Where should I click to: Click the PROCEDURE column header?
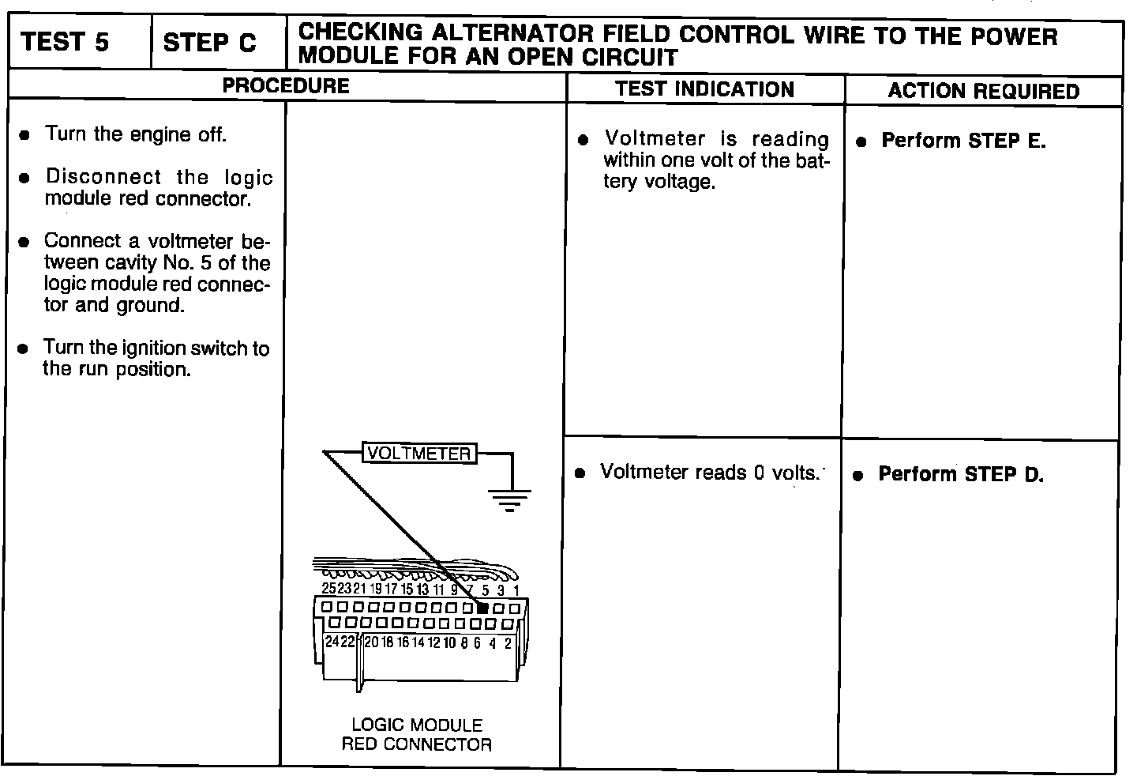tap(285, 86)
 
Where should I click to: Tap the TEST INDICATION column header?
tap(704, 89)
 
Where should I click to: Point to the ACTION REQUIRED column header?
tap(983, 91)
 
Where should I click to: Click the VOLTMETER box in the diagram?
tap(419, 454)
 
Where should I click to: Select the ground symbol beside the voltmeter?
tap(509, 499)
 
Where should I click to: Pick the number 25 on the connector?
tap(329, 589)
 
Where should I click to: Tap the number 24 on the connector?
tap(332, 642)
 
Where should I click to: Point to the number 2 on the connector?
tap(508, 643)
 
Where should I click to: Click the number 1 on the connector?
tap(516, 590)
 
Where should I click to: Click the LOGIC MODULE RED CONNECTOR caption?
tap(416, 734)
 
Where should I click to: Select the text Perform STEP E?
tap(963, 141)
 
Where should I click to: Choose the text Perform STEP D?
tap(961, 475)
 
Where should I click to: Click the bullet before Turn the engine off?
tap(25, 136)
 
